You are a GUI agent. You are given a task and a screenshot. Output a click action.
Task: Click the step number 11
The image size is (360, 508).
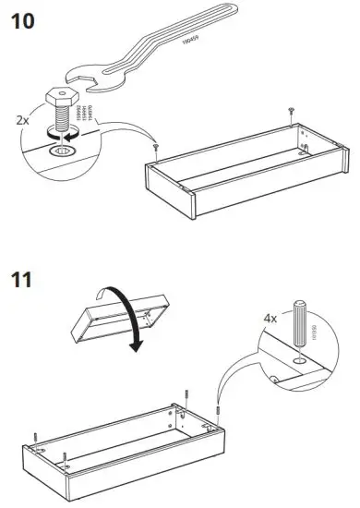pos(23,278)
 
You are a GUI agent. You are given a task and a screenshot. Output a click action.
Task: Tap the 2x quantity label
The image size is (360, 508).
pos(23,119)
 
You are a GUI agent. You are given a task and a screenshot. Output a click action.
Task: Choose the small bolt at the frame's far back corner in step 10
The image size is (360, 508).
pos(292,112)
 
